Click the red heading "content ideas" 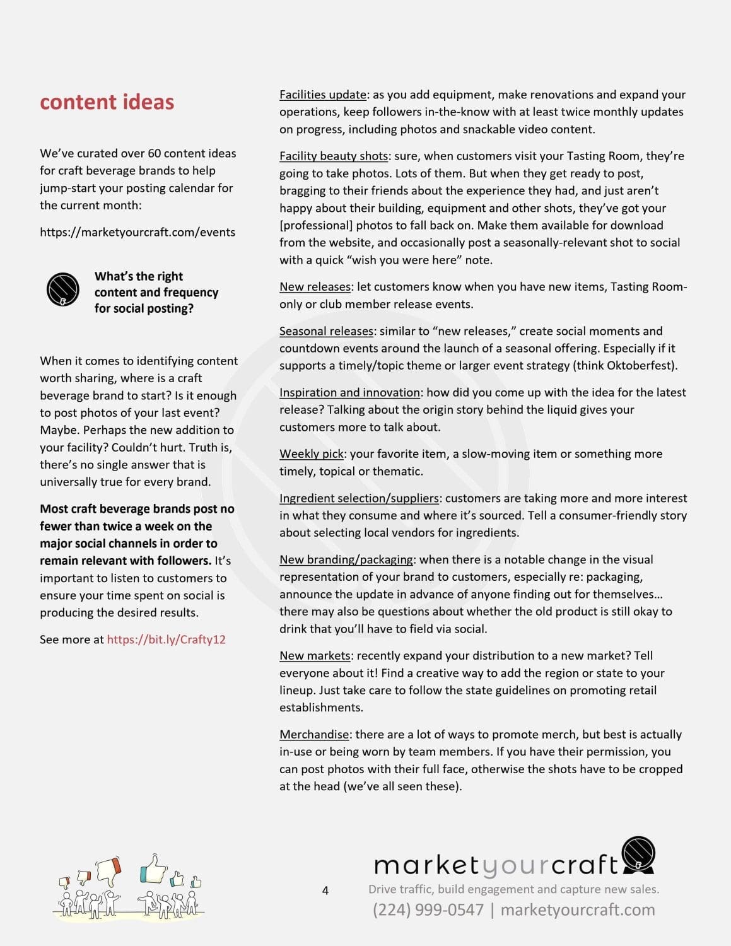point(107,102)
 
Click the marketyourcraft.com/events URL point(137,232)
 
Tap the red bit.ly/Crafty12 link point(166,639)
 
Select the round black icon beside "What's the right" point(63,289)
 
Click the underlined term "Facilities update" point(323,95)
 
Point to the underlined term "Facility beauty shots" point(334,156)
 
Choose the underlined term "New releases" point(315,287)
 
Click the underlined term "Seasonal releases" point(326,331)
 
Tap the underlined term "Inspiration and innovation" point(349,392)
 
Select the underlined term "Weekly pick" point(312,454)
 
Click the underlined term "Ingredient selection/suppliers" point(359,498)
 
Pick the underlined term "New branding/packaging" point(346,559)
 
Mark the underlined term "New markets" point(315,656)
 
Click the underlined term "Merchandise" point(314,735)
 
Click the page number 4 point(325,891)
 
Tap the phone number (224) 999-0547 point(428,910)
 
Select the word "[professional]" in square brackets point(316,226)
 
